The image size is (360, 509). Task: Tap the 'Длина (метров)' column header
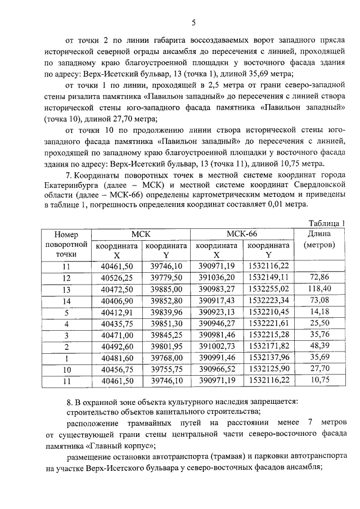coord(319,239)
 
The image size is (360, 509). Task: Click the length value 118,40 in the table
coord(319,289)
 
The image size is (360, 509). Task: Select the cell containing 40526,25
coord(116,277)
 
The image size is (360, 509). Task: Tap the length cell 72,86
coord(319,277)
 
